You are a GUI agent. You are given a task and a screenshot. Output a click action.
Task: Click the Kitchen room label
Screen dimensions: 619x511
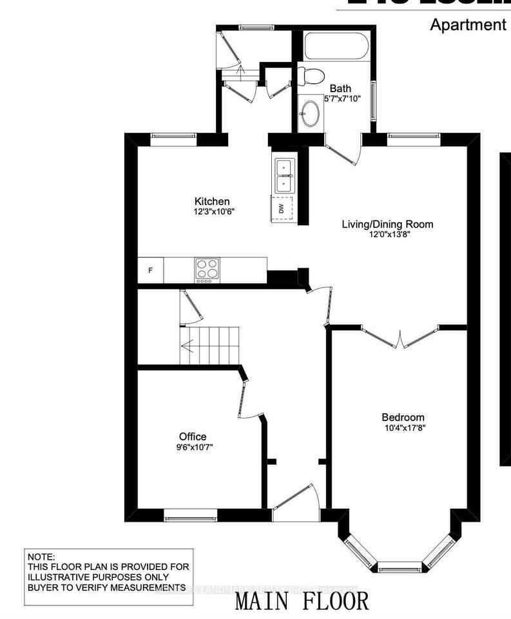tap(213, 201)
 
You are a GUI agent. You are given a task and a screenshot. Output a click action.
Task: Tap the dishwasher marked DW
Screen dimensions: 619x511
tap(282, 208)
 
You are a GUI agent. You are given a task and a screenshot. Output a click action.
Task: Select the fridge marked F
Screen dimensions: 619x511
tap(150, 270)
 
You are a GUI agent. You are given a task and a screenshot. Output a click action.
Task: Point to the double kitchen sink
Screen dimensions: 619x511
tap(284, 175)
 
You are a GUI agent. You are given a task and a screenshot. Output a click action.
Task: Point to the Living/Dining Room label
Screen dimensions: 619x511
tap(387, 224)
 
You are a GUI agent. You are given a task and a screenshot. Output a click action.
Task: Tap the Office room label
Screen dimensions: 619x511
tap(193, 437)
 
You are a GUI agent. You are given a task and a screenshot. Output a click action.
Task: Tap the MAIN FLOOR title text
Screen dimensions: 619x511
tap(302, 601)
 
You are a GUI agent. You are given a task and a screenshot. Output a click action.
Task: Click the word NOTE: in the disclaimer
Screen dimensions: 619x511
tap(42, 556)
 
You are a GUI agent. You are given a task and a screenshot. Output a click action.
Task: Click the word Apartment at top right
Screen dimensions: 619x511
tap(468, 25)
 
